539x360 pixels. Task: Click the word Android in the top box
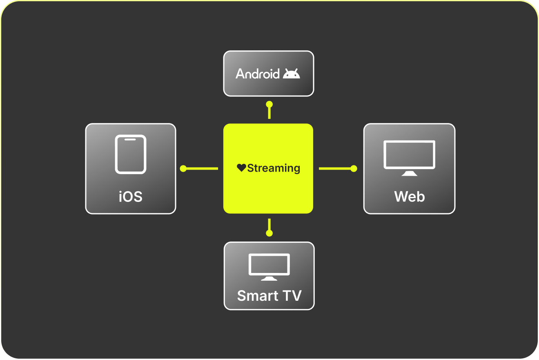tap(258, 74)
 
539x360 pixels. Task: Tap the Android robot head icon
tap(292, 74)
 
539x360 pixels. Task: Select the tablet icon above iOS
tap(131, 154)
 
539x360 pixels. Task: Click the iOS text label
tap(131, 197)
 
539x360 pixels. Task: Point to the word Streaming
tap(274, 168)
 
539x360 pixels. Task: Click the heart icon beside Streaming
tap(241, 168)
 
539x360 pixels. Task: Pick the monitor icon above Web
tap(409, 155)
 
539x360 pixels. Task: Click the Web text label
tap(409, 197)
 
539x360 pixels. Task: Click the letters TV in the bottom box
tap(292, 295)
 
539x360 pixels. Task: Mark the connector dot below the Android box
tap(269, 104)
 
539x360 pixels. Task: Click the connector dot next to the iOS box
tap(183, 168)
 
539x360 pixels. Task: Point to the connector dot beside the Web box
tap(354, 168)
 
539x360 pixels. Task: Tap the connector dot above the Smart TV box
tap(269, 233)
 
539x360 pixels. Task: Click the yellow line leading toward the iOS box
tap(203, 168)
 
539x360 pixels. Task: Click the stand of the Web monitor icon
tap(409, 173)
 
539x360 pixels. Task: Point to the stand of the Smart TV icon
tap(269, 279)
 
